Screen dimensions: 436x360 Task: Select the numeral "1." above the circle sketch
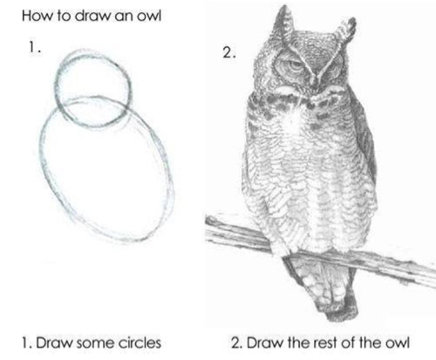click(35, 48)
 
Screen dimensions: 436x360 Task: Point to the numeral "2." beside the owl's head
click(228, 53)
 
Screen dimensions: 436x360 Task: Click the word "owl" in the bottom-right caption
click(398, 343)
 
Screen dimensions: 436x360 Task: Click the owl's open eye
click(295, 66)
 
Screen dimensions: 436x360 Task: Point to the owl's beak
click(316, 82)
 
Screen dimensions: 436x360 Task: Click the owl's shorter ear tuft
click(346, 29)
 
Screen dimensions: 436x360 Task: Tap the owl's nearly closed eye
click(334, 69)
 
